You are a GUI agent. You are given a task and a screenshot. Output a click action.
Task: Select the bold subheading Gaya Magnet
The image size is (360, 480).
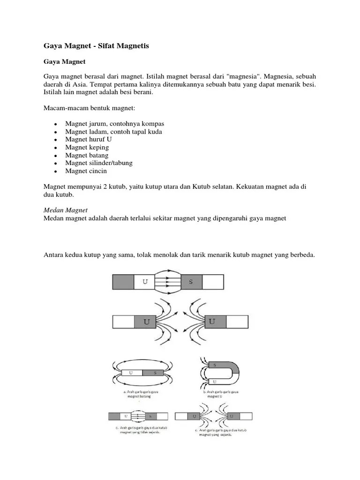tap(63, 61)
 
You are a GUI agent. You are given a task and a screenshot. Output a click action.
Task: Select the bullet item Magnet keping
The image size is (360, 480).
tap(87, 147)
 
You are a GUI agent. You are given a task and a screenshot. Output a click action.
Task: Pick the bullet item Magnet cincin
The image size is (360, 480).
tap(86, 171)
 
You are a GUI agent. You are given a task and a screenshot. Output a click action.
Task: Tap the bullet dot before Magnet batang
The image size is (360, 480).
tap(55, 156)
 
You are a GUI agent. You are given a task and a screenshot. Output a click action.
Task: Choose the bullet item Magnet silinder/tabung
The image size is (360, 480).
tap(99, 163)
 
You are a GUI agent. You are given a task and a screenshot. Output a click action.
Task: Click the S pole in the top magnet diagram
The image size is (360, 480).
tap(190, 282)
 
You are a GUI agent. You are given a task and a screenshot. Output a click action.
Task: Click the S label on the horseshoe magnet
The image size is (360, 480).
tap(215, 365)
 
